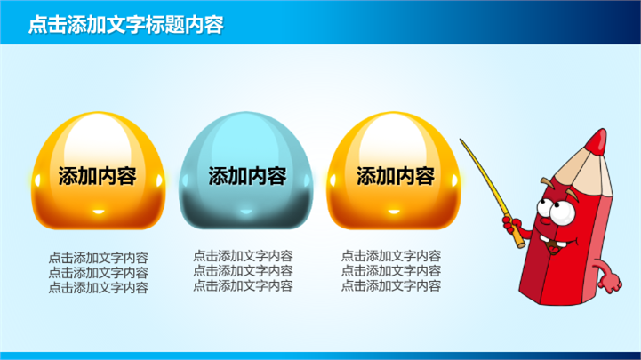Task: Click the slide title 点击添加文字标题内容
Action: (x=126, y=25)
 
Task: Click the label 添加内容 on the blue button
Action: (x=248, y=176)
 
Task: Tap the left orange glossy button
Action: (x=99, y=171)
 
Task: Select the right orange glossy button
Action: (x=394, y=171)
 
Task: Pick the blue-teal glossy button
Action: (x=246, y=171)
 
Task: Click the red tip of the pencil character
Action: (x=597, y=142)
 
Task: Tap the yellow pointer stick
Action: (x=492, y=193)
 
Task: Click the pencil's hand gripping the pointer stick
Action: (x=512, y=226)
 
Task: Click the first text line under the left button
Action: (x=98, y=258)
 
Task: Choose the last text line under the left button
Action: (x=98, y=288)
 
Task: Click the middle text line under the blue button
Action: (x=243, y=270)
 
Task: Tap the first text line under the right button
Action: (x=391, y=256)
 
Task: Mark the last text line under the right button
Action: (x=391, y=285)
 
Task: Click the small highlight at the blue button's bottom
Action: (x=246, y=212)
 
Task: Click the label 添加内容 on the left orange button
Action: (x=97, y=176)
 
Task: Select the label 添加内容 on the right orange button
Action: (x=396, y=176)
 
